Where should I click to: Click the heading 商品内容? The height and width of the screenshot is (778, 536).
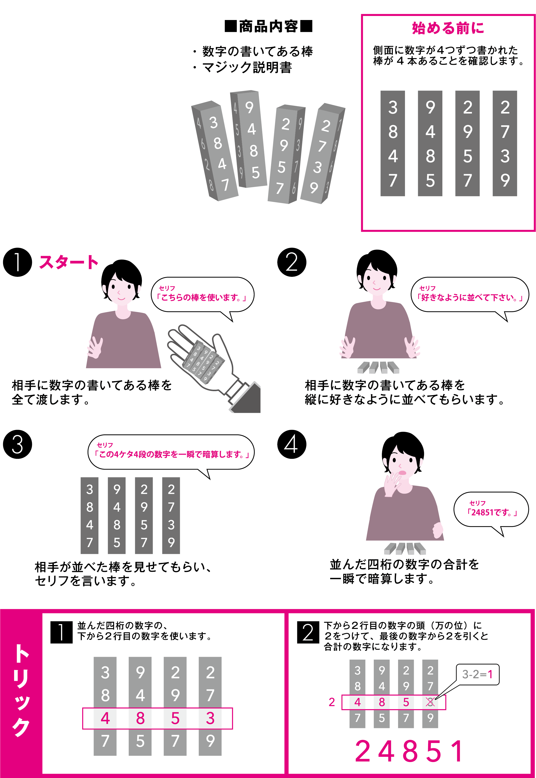point(268,26)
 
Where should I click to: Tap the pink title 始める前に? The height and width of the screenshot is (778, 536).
point(448,28)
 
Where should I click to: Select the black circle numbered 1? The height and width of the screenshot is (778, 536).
point(17,262)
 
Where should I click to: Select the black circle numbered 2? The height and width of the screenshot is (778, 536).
point(292,262)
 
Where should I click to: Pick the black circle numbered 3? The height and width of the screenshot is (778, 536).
point(17,444)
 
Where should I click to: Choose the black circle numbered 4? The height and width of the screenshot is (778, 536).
point(292,444)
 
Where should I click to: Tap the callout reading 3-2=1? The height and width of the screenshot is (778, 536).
point(477,674)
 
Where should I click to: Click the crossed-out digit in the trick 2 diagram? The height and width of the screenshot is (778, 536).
point(430,702)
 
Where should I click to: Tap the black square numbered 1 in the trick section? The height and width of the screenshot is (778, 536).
point(61,632)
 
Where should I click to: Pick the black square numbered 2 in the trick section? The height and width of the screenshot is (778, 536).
point(308,632)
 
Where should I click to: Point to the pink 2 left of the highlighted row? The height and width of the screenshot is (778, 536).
point(332,702)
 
